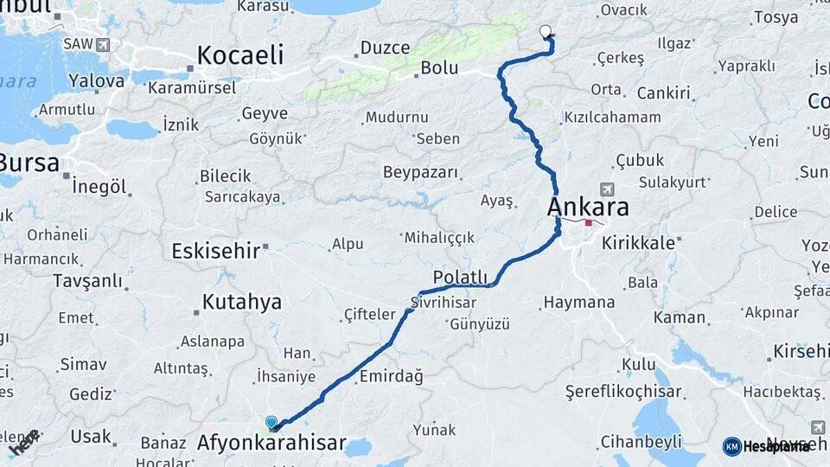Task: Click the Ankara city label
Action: click(588, 208)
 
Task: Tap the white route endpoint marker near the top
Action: click(545, 32)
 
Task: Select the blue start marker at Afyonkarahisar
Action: click(271, 422)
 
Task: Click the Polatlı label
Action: click(460, 277)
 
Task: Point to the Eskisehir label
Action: click(216, 251)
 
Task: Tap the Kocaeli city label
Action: click(239, 55)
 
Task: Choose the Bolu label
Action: click(439, 68)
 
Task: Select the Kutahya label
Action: click(242, 302)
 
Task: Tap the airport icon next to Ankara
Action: click(607, 189)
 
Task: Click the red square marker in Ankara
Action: click(589, 222)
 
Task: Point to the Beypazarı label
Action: click(420, 172)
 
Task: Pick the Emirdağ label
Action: click(391, 376)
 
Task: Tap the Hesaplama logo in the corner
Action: click(767, 446)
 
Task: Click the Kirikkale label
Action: click(636, 243)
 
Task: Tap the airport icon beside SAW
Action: click(103, 43)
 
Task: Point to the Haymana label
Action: click(578, 303)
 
